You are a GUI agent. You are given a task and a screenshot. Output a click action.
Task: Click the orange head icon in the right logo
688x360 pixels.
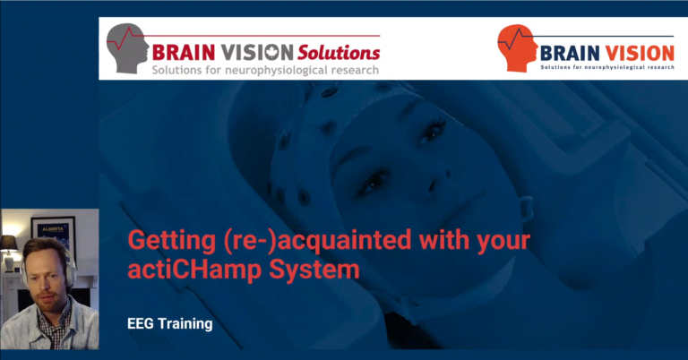[x=518, y=48]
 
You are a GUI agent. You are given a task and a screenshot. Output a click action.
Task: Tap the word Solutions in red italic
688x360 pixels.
[x=339, y=53]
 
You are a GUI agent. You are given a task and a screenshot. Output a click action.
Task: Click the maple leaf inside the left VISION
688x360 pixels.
[x=273, y=53]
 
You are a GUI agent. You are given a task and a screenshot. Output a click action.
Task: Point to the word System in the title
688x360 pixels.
[x=314, y=270]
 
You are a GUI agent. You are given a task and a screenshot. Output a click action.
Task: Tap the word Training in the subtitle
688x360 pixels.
[x=185, y=324]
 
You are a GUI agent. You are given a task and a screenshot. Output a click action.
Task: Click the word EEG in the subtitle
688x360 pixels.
[x=141, y=324]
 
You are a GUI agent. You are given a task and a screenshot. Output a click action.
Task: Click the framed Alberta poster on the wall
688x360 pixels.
[x=53, y=236]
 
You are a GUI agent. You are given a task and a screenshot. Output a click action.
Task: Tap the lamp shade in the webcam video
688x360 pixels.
[x=8, y=244]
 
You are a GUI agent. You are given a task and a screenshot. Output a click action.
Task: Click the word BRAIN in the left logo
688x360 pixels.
[x=184, y=53]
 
